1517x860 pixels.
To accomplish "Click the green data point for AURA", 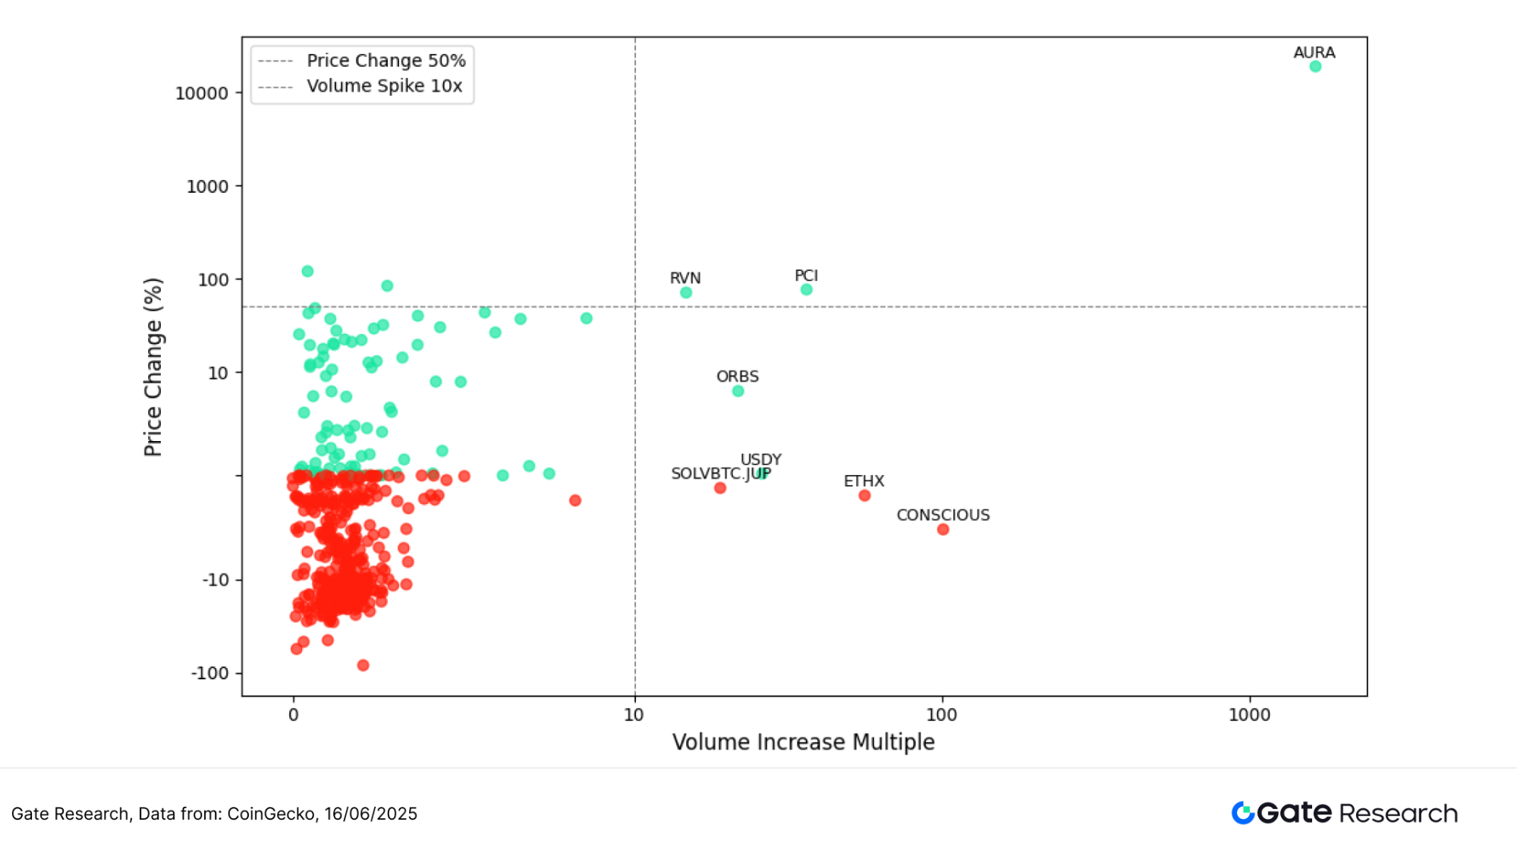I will click(x=1315, y=67).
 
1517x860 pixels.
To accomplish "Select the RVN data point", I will click(x=686, y=293).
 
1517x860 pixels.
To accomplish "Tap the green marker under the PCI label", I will click(x=807, y=290).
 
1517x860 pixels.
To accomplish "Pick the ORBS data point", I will click(x=738, y=392).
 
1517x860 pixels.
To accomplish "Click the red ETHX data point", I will click(x=864, y=496).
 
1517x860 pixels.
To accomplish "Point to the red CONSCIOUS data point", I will click(x=943, y=530).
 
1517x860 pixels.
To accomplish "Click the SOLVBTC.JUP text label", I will click(x=720, y=474).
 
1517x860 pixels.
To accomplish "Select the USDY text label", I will click(x=760, y=459).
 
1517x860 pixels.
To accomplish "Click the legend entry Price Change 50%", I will click(x=386, y=61).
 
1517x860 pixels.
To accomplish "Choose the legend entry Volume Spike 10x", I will click(x=384, y=86).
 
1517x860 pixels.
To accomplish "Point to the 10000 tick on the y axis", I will click(x=202, y=93).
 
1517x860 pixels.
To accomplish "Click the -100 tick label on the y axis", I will click(x=209, y=673).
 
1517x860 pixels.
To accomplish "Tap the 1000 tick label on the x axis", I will click(x=1249, y=715).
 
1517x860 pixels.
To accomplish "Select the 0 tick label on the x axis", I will click(x=294, y=715).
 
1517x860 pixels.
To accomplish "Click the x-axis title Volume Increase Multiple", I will click(x=803, y=742).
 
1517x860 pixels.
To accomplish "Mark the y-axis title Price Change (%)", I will click(x=153, y=367).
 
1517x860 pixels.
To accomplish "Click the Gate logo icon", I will click(x=1242, y=813).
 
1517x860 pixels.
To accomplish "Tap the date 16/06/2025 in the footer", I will click(x=370, y=814).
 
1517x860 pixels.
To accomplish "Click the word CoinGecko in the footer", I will click(x=271, y=814).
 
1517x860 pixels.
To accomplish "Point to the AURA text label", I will click(x=1314, y=52).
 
